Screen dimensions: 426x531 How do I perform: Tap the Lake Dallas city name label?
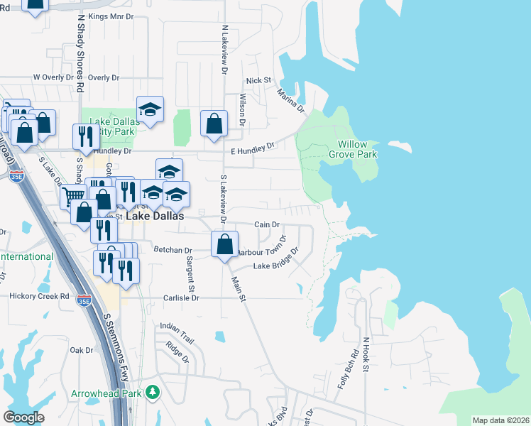(155, 216)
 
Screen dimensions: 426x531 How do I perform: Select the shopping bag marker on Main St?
(224, 245)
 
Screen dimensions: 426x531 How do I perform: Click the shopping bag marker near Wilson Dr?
(214, 124)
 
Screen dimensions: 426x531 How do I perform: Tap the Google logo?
(24, 417)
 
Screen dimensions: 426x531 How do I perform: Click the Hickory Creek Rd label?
(39, 295)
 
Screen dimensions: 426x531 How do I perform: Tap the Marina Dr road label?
(290, 100)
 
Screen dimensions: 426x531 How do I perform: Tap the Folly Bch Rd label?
(353, 364)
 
